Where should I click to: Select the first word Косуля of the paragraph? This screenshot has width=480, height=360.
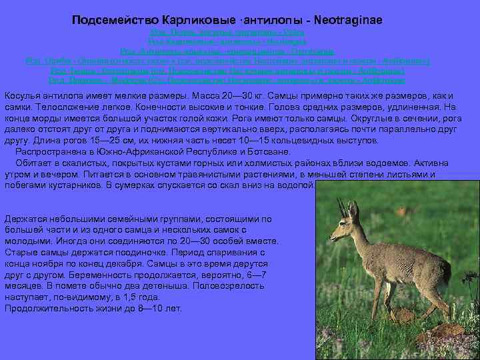click(22, 96)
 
